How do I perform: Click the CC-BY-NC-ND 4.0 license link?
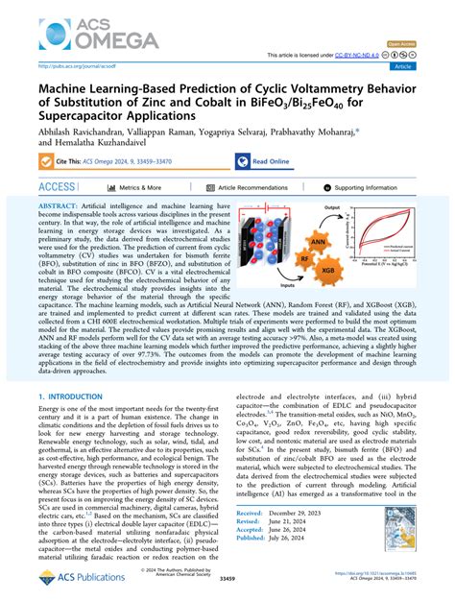coord(384,56)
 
